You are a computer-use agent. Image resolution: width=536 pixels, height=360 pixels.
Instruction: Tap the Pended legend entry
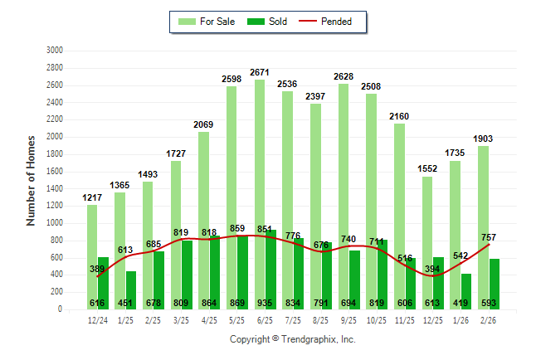pyautogui.click(x=332, y=22)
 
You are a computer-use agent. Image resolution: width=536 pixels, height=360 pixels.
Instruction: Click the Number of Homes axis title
pyautogui.click(x=32, y=180)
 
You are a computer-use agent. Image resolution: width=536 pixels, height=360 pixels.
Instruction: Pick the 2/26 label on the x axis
pyautogui.click(x=488, y=319)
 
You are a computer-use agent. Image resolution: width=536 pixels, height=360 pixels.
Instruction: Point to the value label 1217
pyautogui.click(x=92, y=197)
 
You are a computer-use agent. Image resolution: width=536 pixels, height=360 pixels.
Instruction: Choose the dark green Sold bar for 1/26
pyautogui.click(x=466, y=291)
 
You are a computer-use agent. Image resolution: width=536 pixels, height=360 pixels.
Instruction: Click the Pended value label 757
pyautogui.click(x=488, y=237)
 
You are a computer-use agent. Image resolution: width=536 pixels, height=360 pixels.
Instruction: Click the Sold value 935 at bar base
pyautogui.click(x=270, y=303)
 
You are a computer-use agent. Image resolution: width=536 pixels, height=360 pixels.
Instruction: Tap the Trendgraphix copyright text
pyautogui.click(x=292, y=340)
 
